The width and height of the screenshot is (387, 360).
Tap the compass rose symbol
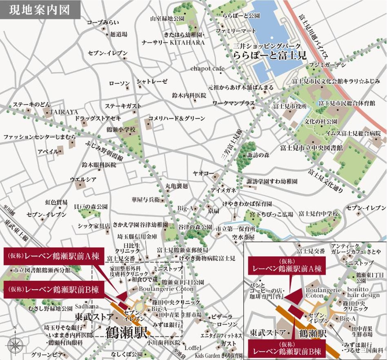15,344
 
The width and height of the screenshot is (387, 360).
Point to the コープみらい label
102,23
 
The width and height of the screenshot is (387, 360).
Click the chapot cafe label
207,69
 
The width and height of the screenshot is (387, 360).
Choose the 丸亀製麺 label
176,186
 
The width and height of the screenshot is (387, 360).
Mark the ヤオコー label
201,173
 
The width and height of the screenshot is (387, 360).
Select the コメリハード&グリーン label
176,118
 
